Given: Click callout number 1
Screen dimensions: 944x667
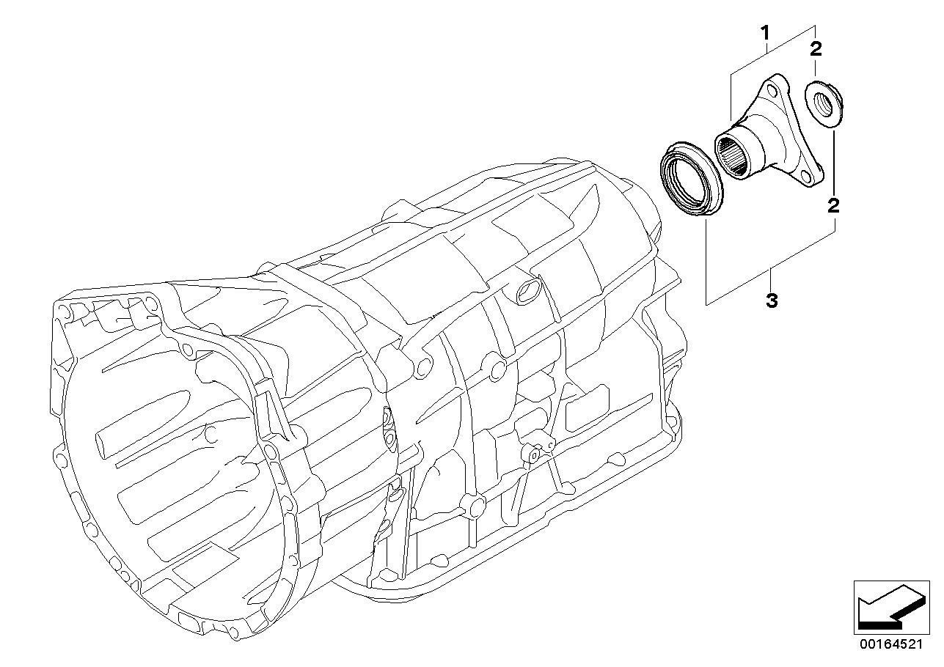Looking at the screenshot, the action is pos(764,33).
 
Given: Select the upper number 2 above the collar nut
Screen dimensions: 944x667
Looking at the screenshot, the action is pos(816,49).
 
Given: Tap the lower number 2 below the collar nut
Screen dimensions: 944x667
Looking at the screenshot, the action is pos(833,204).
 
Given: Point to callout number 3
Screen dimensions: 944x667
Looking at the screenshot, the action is pos(771,301).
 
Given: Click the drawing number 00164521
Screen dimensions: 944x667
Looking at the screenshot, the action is pos(890,644).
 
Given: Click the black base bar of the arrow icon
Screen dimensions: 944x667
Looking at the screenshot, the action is pos(879,624).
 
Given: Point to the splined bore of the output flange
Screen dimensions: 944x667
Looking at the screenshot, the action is pos(734,158).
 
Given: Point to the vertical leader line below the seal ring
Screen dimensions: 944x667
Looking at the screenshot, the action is pos(706,260).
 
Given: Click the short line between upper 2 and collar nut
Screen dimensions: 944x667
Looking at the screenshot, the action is pos(816,70).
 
